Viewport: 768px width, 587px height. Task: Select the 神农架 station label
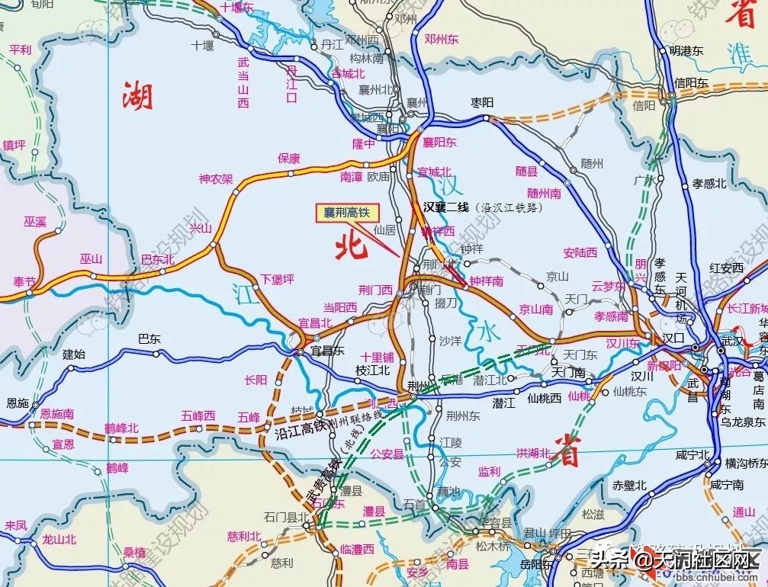tap(216, 179)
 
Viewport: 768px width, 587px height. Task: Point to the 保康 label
tap(289, 159)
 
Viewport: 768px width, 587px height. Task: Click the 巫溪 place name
tap(35, 222)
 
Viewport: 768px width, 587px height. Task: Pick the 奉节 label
tap(19, 282)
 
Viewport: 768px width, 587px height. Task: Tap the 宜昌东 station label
tap(328, 351)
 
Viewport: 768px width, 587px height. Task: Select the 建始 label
tap(74, 354)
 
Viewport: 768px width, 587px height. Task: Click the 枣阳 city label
tap(483, 103)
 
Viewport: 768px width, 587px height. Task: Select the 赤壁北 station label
tap(629, 485)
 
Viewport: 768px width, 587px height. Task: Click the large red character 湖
tap(138, 97)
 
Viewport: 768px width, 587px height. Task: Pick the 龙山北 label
tap(59, 540)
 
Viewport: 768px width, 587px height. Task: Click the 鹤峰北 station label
tap(121, 428)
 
